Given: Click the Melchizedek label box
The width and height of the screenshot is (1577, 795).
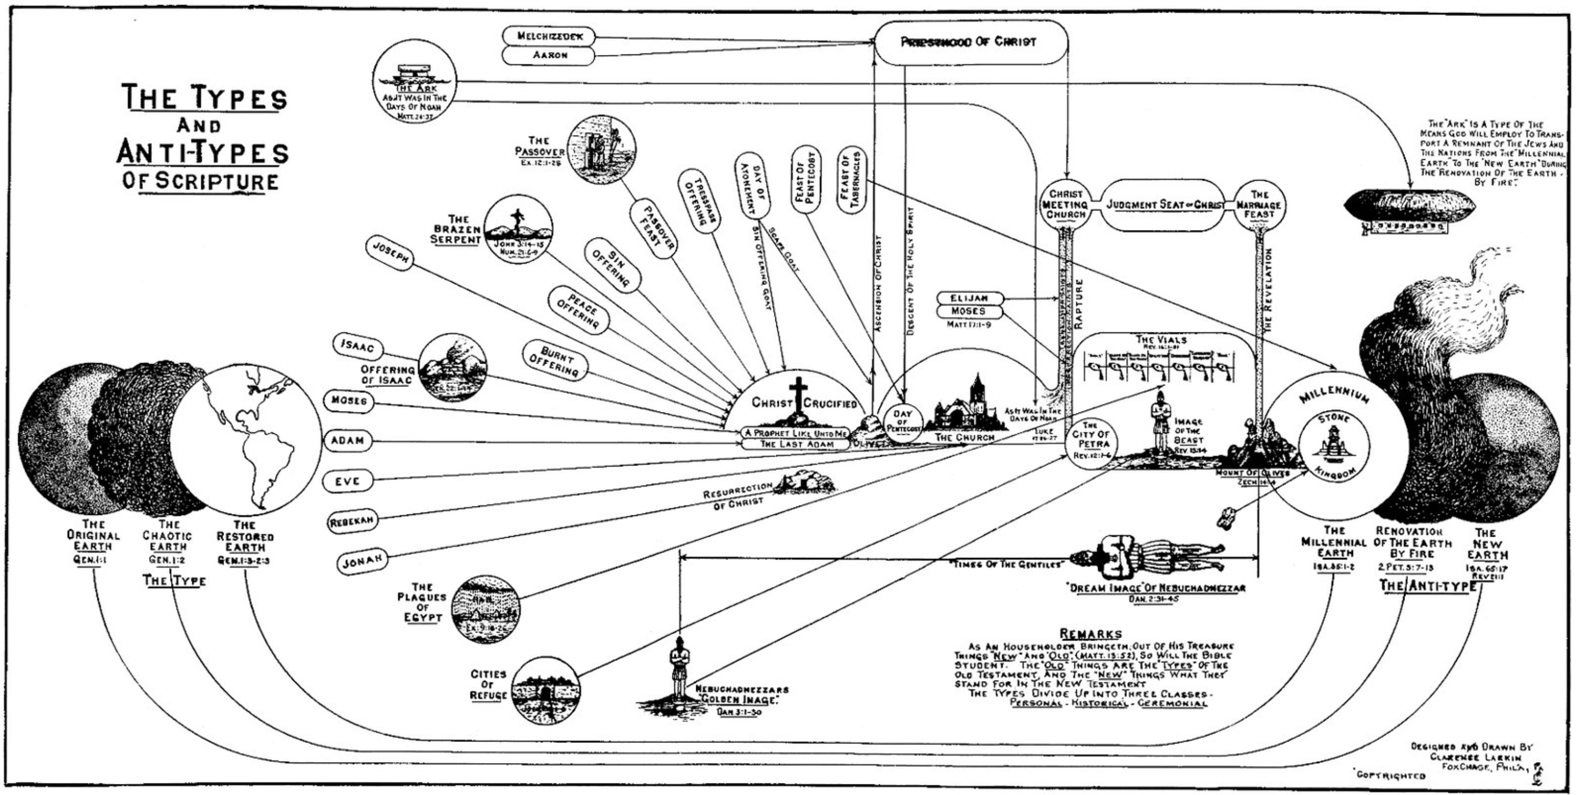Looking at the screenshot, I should tap(548, 36).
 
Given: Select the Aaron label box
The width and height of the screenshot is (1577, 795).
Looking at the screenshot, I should tap(548, 55).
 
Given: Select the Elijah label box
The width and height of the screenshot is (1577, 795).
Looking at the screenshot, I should tap(970, 298).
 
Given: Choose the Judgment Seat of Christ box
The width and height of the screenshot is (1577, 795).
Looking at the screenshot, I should tap(1165, 205).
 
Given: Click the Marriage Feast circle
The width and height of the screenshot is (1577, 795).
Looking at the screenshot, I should tap(1259, 205).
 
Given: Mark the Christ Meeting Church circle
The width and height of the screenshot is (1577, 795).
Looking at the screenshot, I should tap(1065, 205).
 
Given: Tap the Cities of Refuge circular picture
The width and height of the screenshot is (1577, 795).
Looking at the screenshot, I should tap(544, 690).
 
